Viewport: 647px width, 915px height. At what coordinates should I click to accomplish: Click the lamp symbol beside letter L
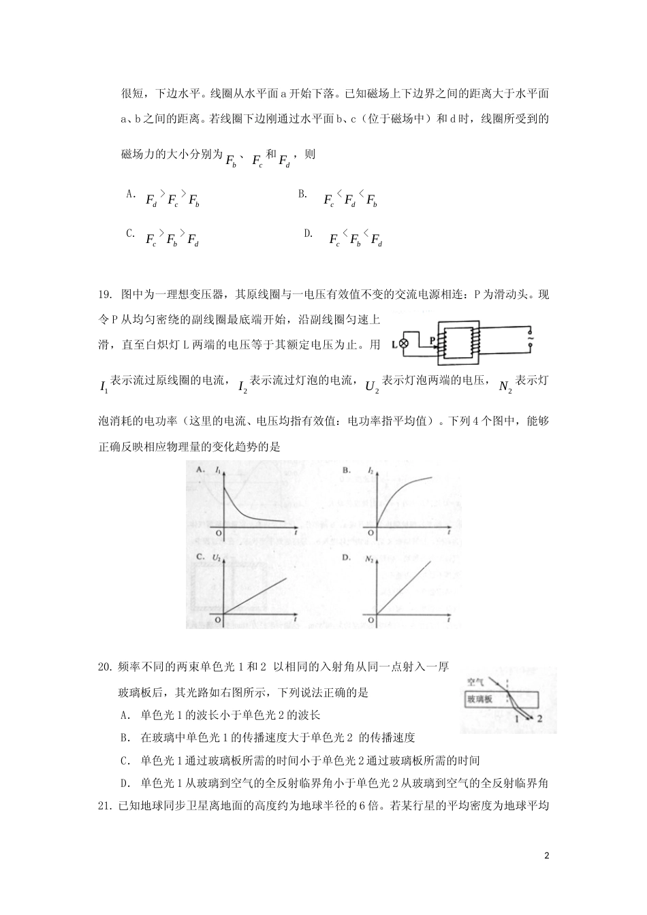pyautogui.click(x=404, y=344)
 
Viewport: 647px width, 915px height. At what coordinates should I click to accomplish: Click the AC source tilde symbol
pyautogui.click(x=530, y=336)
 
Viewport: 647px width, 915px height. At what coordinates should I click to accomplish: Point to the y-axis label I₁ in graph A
pyautogui.click(x=217, y=470)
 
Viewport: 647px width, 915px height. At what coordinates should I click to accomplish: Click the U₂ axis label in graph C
pyautogui.click(x=217, y=558)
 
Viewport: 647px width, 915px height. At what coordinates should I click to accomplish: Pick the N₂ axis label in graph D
pyautogui.click(x=370, y=558)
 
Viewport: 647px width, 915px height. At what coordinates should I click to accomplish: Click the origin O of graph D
pyautogui.click(x=372, y=620)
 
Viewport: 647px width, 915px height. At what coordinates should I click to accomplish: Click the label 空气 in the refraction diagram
pyautogui.click(x=475, y=681)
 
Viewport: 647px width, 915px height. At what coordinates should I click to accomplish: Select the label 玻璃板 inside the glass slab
pyautogui.click(x=479, y=699)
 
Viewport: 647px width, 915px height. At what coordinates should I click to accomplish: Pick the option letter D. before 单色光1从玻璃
pyautogui.click(x=126, y=783)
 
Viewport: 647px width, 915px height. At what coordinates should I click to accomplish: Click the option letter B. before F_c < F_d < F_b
pyautogui.click(x=303, y=194)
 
